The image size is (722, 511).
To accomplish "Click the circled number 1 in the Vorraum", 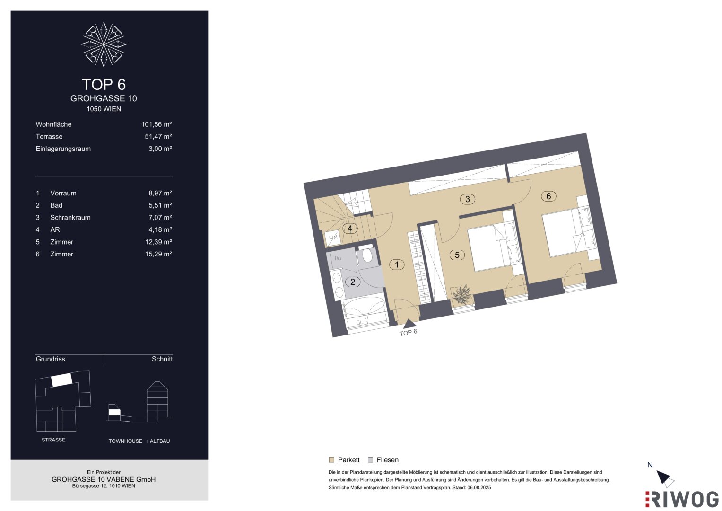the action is [397, 265].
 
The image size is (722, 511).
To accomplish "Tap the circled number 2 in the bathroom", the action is [353, 282].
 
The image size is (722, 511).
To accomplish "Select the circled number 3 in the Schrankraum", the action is [467, 199].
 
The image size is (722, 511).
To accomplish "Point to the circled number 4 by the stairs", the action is [350, 229].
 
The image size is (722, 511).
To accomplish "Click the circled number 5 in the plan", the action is [457, 255].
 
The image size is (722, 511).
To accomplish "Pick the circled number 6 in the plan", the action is [548, 196].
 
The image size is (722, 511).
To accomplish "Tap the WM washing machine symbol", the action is [333, 238].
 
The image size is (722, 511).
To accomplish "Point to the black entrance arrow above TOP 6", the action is [409, 324].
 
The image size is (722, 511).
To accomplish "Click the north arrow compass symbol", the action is [665, 479].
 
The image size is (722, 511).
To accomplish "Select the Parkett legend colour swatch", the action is [331, 460].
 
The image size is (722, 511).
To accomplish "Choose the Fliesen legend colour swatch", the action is [370, 460].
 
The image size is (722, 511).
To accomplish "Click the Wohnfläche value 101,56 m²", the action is [157, 124].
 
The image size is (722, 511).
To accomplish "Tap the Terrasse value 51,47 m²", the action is [158, 136].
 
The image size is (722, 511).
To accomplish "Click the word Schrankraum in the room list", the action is [70, 218].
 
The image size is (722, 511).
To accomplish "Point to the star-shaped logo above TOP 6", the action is [104, 44].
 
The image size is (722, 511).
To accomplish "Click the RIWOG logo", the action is [682, 499].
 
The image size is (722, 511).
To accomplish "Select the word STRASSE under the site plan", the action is [53, 440].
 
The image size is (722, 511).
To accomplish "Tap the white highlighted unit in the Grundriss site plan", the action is [62, 379].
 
